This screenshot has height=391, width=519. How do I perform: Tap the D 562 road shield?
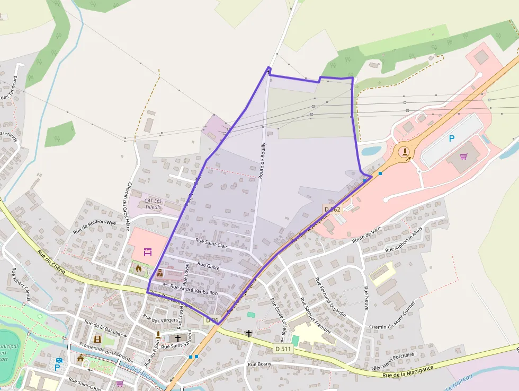point(332,210)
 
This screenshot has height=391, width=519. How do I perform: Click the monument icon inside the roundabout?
point(405,152)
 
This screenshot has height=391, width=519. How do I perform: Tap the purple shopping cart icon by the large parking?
point(464,157)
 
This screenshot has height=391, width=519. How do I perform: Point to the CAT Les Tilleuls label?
point(153,204)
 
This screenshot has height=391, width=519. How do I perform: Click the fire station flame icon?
point(139,268)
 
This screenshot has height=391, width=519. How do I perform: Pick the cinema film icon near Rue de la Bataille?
point(97,339)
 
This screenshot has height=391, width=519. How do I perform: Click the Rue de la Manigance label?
point(408,371)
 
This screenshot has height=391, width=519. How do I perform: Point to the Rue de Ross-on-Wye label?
point(94,227)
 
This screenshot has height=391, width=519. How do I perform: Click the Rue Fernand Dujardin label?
point(330,298)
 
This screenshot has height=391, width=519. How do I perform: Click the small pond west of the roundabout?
point(370,151)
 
